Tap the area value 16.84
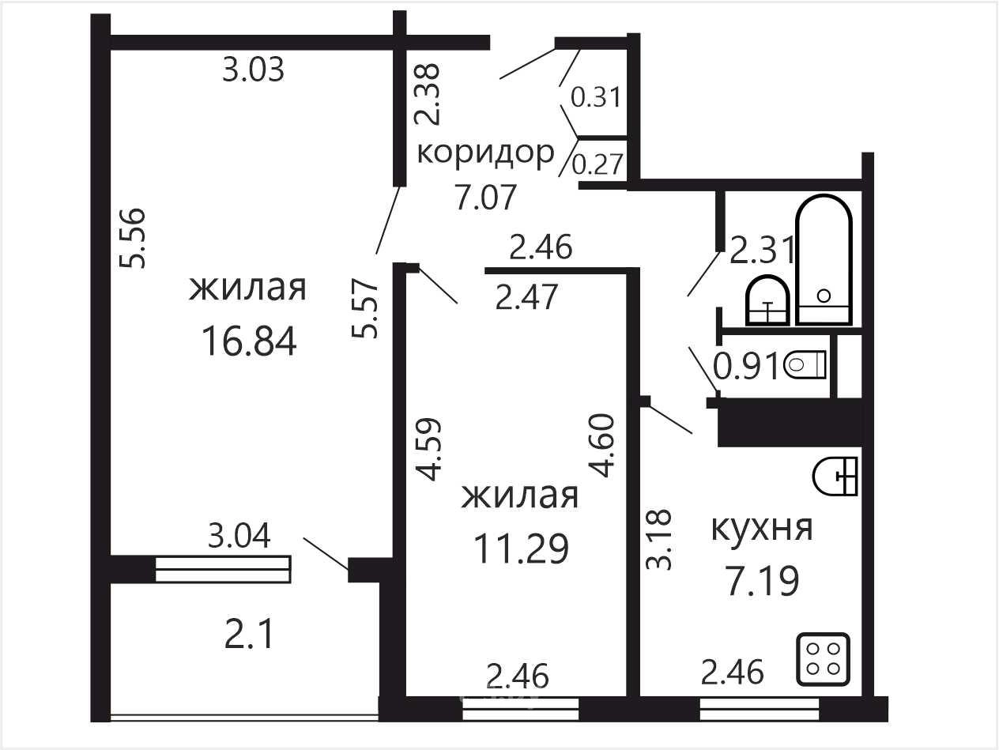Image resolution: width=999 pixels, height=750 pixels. [x=249, y=341]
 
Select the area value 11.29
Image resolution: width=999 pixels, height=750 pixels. [x=522, y=548]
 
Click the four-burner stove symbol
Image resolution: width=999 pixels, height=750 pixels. [x=824, y=659]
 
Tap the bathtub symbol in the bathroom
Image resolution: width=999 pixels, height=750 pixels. [x=824, y=259]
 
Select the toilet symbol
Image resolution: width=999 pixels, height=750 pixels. [x=805, y=364]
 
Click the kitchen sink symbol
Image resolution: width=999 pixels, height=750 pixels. [x=835, y=476]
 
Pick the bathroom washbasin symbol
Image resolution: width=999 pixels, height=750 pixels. [x=767, y=300]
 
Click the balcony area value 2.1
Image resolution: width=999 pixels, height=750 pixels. [x=250, y=635]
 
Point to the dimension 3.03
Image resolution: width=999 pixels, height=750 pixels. [x=254, y=70]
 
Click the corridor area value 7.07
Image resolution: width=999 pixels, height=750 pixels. [x=485, y=196]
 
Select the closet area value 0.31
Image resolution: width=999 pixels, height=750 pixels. [x=596, y=97]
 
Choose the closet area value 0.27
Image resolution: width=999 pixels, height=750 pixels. [x=598, y=164]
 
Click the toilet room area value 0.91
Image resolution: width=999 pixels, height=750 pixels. [x=747, y=367]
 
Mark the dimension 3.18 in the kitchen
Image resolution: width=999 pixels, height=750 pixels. [x=658, y=539]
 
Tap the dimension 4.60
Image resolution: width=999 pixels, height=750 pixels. [x=601, y=445]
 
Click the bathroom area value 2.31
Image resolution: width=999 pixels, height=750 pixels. [x=762, y=250]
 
